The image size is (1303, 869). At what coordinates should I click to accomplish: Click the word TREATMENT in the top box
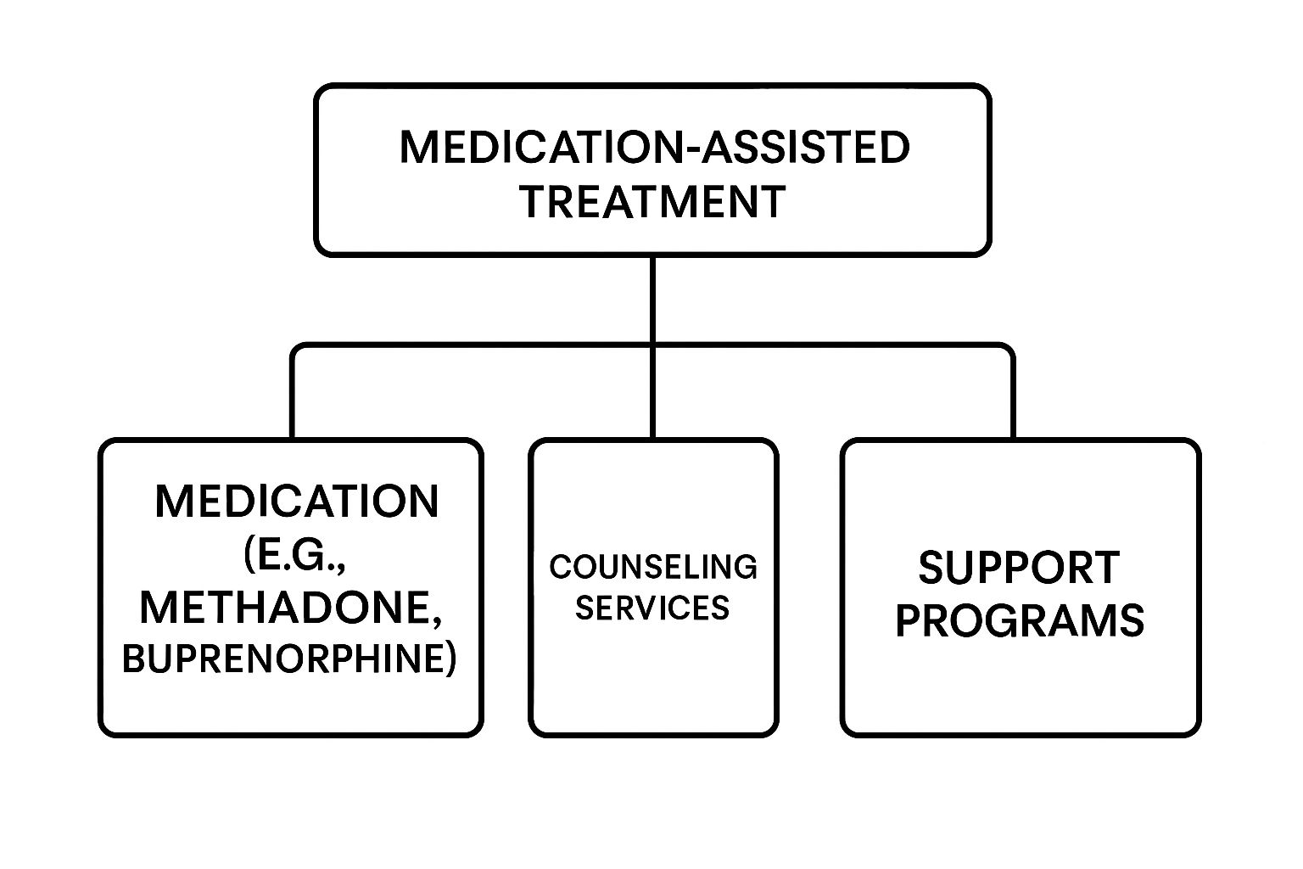click(x=651, y=202)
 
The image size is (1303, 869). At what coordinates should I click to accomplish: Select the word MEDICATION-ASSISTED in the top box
click(x=654, y=147)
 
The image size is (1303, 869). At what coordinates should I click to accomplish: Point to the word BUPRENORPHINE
click(x=283, y=659)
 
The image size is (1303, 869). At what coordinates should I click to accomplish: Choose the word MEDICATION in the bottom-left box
click(x=297, y=502)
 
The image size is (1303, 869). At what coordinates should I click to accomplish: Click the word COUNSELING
click(x=652, y=567)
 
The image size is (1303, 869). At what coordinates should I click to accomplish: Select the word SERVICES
click(x=652, y=608)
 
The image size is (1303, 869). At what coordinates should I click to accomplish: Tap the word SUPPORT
click(x=1019, y=568)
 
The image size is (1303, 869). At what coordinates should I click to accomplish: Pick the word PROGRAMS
click(x=1020, y=621)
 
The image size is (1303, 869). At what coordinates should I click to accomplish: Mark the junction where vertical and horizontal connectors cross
click(x=652, y=345)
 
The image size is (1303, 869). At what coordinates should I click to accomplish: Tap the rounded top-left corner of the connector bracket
click(x=296, y=349)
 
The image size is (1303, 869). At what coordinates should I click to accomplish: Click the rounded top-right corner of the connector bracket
click(x=1009, y=349)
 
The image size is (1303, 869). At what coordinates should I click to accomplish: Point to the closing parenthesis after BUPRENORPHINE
click(x=450, y=659)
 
